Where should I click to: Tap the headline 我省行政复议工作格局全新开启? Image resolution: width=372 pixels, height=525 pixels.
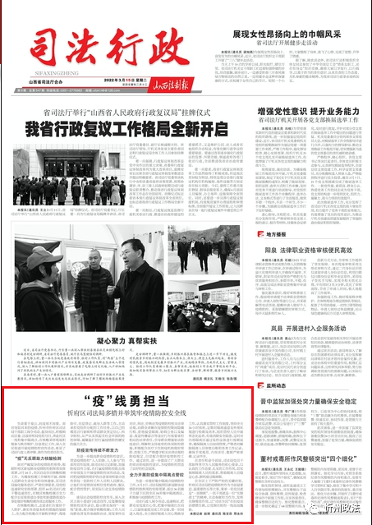[126, 128]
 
